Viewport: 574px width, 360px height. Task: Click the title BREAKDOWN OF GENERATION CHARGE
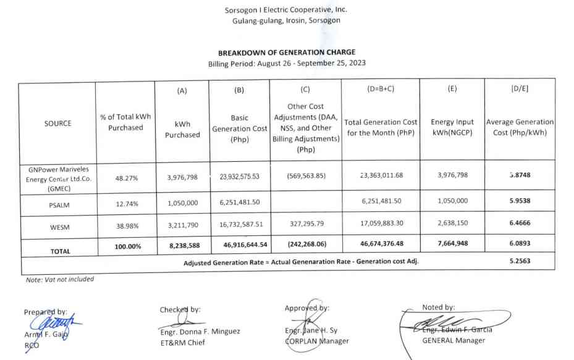pos(287,52)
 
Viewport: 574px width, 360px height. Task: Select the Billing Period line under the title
pos(287,64)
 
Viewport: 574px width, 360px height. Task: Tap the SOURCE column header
pos(57,123)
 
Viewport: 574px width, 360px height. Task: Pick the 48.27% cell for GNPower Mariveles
pos(126,178)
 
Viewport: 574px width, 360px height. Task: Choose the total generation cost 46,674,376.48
pos(381,244)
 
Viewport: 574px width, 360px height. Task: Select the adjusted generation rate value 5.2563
pos(520,261)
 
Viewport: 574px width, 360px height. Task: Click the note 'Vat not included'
pos(60,279)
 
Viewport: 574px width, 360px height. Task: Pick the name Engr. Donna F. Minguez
pos(200,332)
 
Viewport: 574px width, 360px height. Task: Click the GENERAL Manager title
pos(454,340)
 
